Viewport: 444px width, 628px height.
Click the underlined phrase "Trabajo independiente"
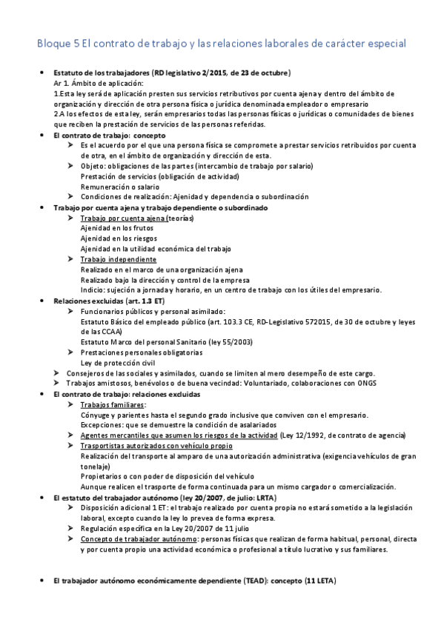(118, 259)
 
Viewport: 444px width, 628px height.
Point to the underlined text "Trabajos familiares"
(113, 405)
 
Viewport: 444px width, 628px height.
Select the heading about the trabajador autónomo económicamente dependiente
(195, 582)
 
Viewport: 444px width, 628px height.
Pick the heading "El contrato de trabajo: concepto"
(110, 136)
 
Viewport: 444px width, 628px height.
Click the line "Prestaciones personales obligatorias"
(142, 353)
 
